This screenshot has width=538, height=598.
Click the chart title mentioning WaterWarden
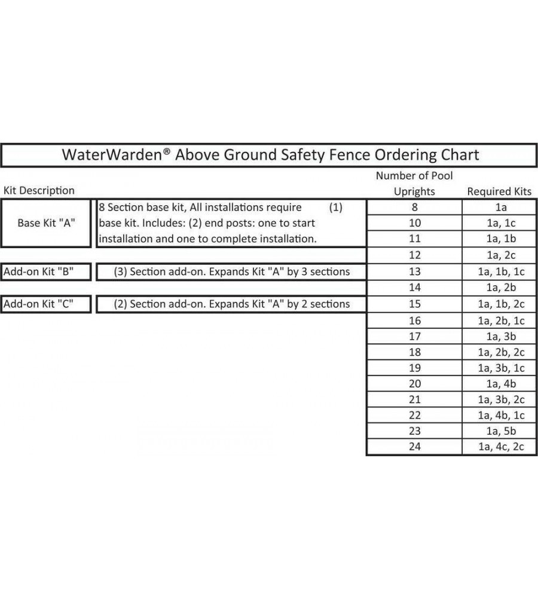click(x=270, y=155)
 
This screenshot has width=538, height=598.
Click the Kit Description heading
click(x=39, y=191)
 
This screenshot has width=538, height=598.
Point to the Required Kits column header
click(x=499, y=191)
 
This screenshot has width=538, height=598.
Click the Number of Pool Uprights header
click(x=414, y=184)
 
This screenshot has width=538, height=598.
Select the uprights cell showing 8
click(x=414, y=208)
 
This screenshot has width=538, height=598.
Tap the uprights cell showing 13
click(x=414, y=271)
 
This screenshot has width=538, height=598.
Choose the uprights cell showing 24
click(x=414, y=447)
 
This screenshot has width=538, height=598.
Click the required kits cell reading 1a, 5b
click(x=499, y=431)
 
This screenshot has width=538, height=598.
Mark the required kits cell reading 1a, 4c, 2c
click(x=499, y=447)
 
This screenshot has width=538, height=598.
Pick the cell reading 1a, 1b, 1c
click(x=499, y=271)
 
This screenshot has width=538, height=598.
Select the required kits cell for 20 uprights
click(x=499, y=383)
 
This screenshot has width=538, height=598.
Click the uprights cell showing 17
click(x=414, y=336)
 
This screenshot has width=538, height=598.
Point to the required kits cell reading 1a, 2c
click(x=499, y=255)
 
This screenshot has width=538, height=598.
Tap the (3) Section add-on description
click(x=232, y=271)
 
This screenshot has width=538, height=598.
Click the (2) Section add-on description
click(x=232, y=304)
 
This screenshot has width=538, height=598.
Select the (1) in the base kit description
click(x=335, y=208)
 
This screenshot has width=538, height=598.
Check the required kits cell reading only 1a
click(x=499, y=208)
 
